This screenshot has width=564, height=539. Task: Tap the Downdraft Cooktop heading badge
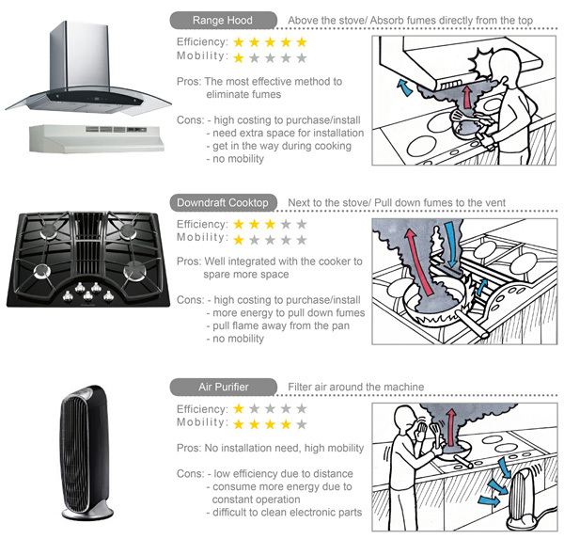(x=223, y=202)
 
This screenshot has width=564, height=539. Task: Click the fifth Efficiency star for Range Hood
(x=301, y=42)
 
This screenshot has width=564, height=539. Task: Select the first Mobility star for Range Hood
(x=240, y=57)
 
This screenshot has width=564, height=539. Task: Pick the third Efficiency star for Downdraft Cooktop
(x=270, y=225)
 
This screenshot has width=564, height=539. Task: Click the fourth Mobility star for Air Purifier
(x=285, y=424)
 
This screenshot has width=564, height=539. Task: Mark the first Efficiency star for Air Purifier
(x=240, y=409)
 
